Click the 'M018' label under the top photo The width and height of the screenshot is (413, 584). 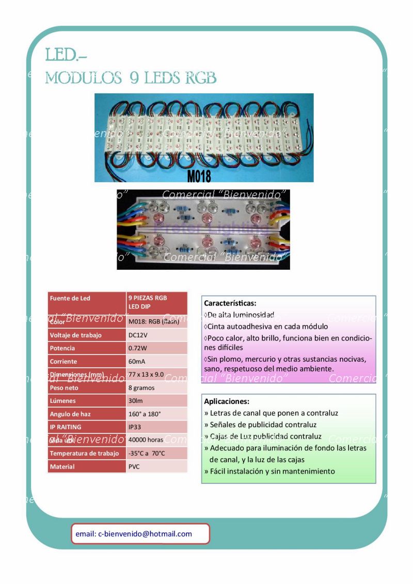(x=199, y=176)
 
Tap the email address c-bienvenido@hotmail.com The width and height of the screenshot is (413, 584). (x=134, y=534)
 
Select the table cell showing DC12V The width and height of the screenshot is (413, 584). (x=138, y=335)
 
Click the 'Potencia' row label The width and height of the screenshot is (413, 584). (x=62, y=348)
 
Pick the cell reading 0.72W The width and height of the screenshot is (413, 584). (x=138, y=348)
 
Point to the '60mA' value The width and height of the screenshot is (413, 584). (x=137, y=362)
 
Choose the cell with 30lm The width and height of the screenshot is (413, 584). (x=135, y=401)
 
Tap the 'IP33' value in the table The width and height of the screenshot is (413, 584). (x=136, y=427)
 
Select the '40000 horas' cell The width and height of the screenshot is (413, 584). (x=146, y=440)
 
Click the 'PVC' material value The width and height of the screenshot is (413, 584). (x=134, y=467)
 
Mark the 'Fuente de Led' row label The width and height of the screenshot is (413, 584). (x=70, y=298)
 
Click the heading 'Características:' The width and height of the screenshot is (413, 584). (x=230, y=303)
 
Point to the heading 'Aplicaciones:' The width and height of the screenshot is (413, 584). (x=227, y=401)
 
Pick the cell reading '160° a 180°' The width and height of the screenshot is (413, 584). (x=145, y=414)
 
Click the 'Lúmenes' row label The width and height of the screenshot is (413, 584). (x=62, y=401)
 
